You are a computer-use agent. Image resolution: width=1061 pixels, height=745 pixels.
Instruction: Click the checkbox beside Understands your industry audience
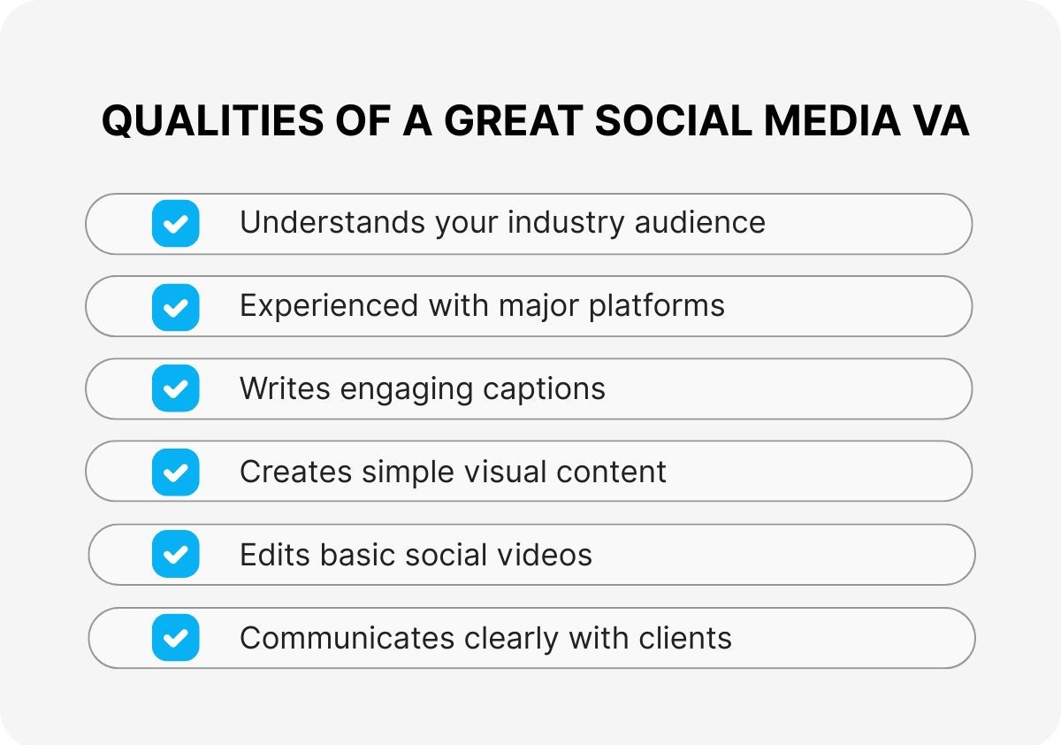click(175, 223)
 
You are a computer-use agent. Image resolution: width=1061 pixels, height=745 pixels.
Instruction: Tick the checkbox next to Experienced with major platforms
click(175, 306)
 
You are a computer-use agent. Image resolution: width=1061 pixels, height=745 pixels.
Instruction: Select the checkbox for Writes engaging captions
click(175, 388)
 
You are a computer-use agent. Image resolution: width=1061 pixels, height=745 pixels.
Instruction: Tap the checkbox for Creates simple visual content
click(175, 472)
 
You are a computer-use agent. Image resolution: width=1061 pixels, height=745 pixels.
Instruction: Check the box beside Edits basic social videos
click(175, 555)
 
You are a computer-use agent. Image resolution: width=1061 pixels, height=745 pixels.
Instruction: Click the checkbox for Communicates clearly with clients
click(175, 637)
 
